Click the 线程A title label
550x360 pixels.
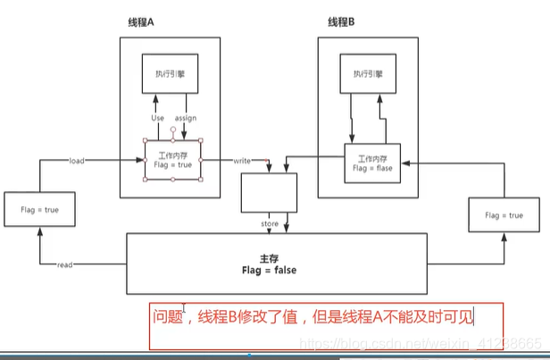coord(143,22)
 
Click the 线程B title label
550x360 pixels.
coord(344,22)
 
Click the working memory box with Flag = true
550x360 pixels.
coord(173,159)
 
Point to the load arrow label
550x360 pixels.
coord(76,161)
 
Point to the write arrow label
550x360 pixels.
coord(241,161)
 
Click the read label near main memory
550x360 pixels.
coord(64,265)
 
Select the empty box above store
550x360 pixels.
coord(269,191)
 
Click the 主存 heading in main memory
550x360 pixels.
coord(277,256)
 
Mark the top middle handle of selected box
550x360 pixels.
coord(173,139)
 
